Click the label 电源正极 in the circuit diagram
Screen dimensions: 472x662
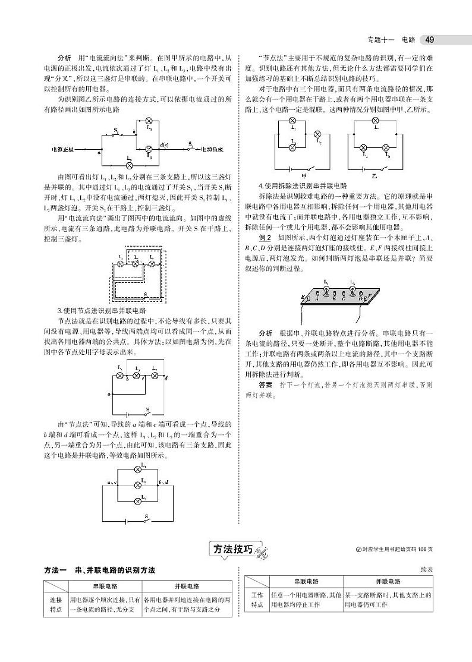pyautogui.click(x=63, y=149)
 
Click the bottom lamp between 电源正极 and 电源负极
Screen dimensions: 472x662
pyautogui.click(x=130, y=165)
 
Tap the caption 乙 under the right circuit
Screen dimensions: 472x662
pyautogui.click(x=375, y=175)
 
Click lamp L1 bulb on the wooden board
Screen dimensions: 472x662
pyautogui.click(x=326, y=289)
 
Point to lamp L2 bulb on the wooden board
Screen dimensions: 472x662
pyautogui.click(x=353, y=289)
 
